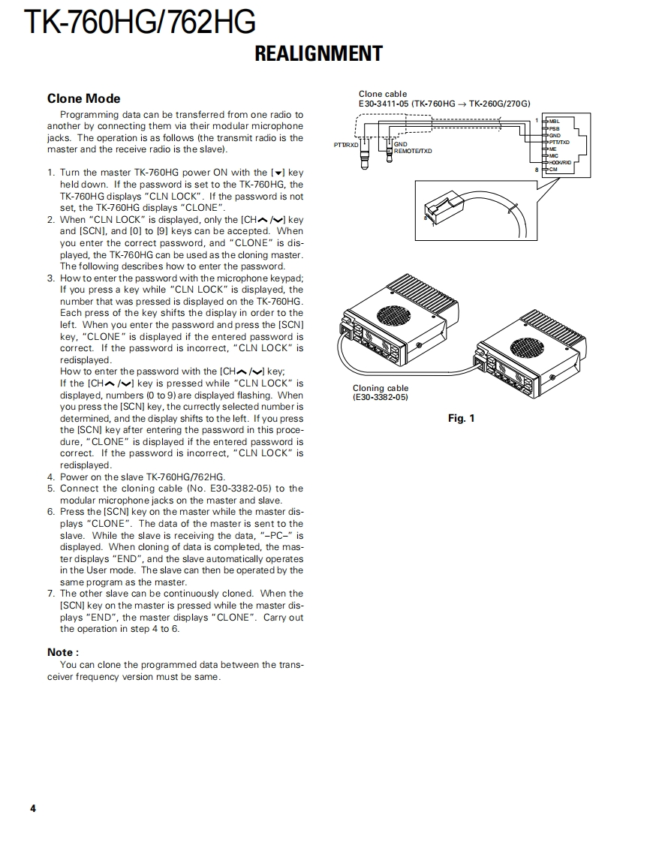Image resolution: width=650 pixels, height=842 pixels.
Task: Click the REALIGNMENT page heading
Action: pos(318,54)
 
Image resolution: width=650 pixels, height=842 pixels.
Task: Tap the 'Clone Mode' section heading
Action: pos(83,98)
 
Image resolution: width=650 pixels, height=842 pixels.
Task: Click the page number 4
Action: pos(33,808)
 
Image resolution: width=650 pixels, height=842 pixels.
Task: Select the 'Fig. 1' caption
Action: pos(461,418)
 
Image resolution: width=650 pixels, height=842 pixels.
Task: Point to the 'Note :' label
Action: pos(63,652)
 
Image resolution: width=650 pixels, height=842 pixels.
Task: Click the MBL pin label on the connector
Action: pos(555,121)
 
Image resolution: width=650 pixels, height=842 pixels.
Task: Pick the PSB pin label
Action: pos(554,128)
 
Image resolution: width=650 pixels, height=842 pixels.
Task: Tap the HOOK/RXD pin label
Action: pos(560,162)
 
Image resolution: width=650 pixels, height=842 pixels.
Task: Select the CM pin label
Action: pos(553,169)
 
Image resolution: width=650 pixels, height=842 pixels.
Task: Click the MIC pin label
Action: pos(553,155)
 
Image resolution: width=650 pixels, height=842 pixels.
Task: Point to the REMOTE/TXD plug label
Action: pos(413,151)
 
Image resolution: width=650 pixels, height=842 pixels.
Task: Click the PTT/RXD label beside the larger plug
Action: pos(345,144)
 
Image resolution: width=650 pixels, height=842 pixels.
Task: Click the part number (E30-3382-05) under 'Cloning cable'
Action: pos(381,397)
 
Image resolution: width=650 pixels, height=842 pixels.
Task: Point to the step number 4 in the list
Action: pos(51,477)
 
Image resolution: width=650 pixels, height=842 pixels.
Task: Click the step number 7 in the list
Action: pos(51,593)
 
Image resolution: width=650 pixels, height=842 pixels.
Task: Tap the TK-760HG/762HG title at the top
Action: pos(140,23)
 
